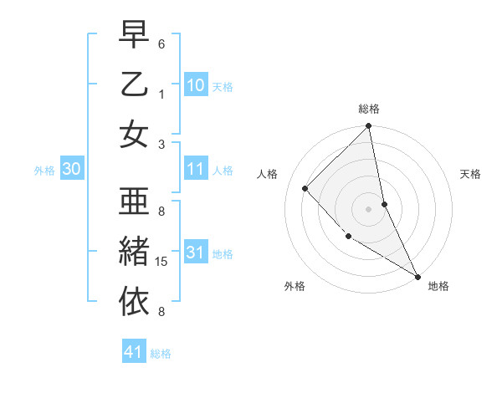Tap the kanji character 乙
(x=134, y=85)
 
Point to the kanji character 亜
(x=134, y=202)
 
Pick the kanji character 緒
(x=134, y=250)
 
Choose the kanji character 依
(x=134, y=299)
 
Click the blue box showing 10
(x=195, y=84)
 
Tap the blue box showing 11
(x=195, y=169)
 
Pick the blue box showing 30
(x=71, y=169)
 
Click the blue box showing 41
(x=134, y=352)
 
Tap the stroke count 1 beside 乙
(x=161, y=94)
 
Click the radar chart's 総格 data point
(x=368, y=127)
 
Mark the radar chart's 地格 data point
(x=417, y=276)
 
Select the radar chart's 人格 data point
(x=305, y=188)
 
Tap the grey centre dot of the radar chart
(x=368, y=209)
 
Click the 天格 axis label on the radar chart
(x=471, y=174)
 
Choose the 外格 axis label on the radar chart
(x=295, y=286)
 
